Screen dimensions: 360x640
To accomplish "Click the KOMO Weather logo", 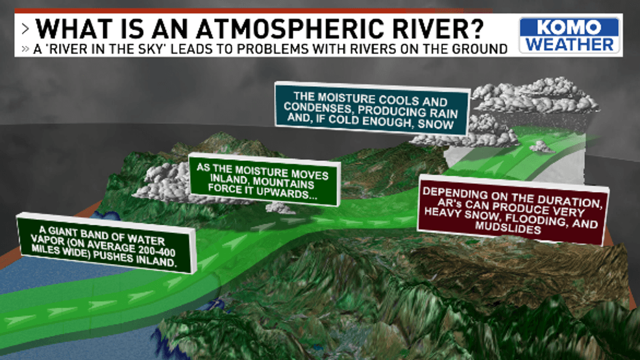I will click(569, 35).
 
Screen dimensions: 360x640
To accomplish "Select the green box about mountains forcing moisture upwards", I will click(264, 180).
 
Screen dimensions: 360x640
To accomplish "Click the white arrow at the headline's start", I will click(25, 29).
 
